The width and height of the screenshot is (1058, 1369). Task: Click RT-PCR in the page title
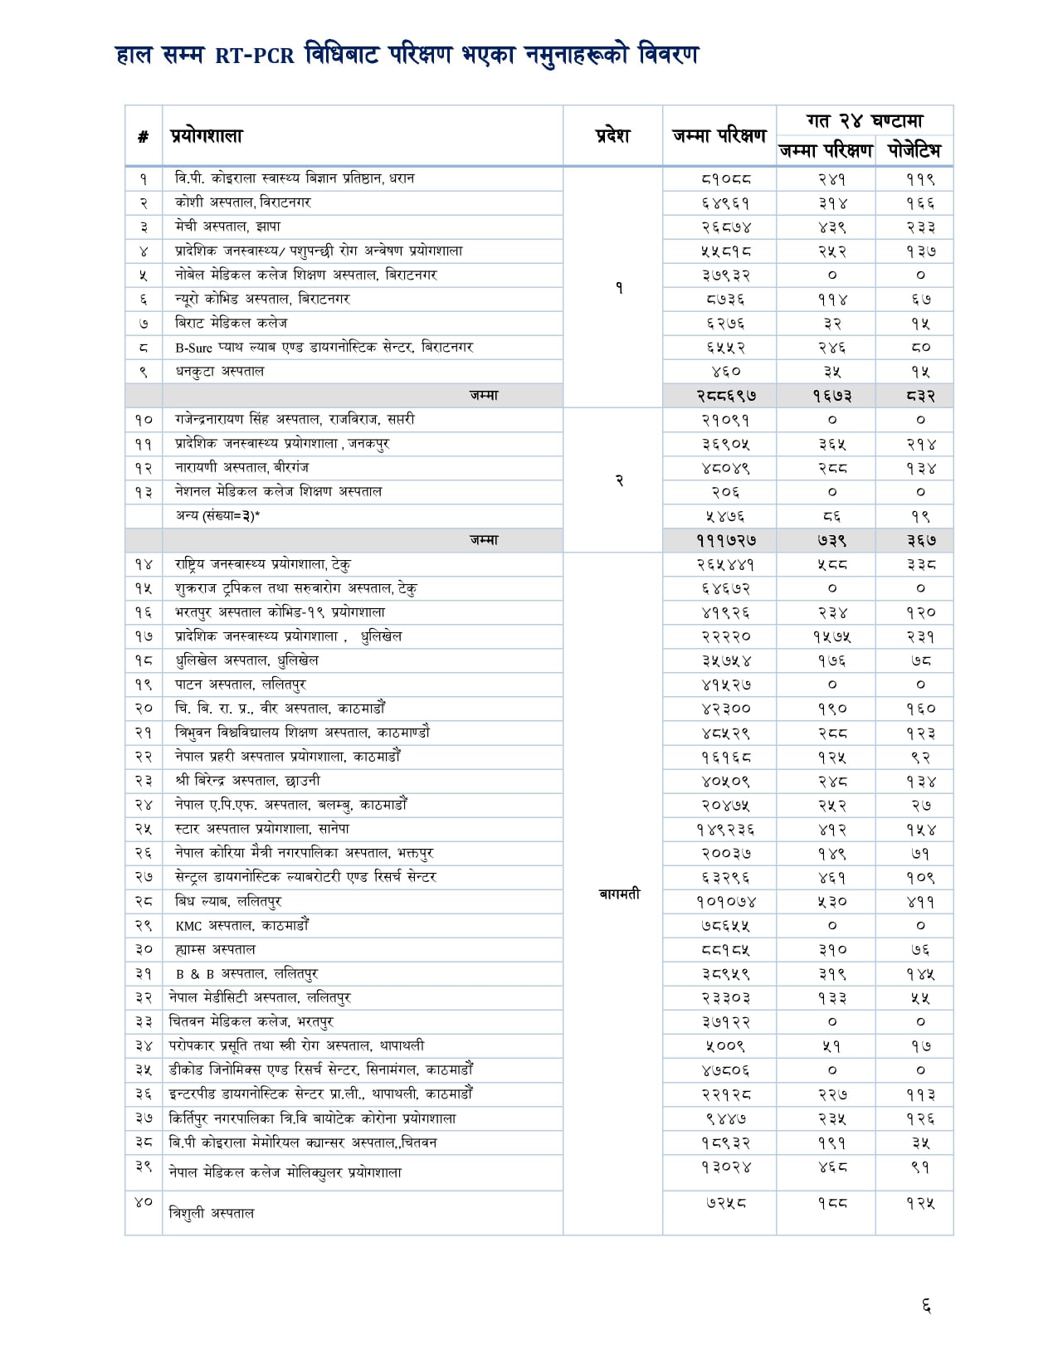coord(255,56)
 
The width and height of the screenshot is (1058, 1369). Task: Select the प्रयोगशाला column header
coord(207,135)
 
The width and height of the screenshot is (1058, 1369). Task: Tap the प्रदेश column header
coord(612,135)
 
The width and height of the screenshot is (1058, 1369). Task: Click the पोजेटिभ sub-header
coord(914,150)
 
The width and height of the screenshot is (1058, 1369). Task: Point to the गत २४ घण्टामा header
coord(865,120)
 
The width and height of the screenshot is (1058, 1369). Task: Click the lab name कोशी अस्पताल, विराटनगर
coord(242,202)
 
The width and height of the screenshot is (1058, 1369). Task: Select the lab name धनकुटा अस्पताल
coord(219,371)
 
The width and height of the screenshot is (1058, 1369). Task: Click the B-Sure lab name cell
coord(324,347)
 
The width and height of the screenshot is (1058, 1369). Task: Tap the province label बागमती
coord(619,894)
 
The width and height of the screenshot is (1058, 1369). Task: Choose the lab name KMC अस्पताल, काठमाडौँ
coord(241,925)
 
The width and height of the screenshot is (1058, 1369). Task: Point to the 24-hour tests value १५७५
coord(831,636)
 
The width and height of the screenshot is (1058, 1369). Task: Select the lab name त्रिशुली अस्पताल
coord(211,1213)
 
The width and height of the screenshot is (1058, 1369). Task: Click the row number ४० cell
coord(144,1201)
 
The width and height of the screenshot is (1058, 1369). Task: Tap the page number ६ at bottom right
coord(926,1307)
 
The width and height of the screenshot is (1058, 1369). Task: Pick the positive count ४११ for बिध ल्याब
coord(920,901)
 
